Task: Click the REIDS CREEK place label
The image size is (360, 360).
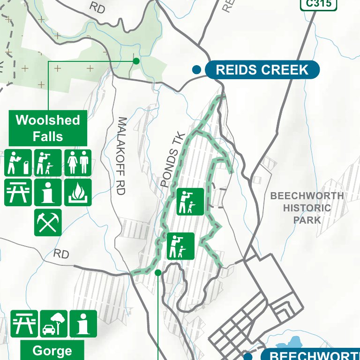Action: pyautogui.click(x=262, y=70)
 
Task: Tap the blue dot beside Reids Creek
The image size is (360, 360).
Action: pyautogui.click(x=197, y=70)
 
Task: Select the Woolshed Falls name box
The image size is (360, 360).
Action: pyautogui.click(x=48, y=128)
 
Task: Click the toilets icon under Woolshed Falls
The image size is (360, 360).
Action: pyautogui.click(x=78, y=163)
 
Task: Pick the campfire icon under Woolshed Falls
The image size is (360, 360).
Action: pyautogui.click(x=78, y=192)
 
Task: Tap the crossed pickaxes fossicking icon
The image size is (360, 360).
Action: pyautogui.click(x=48, y=222)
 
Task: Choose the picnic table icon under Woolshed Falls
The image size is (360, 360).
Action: pyautogui.click(x=18, y=192)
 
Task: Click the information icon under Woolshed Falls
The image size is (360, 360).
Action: pyautogui.click(x=48, y=192)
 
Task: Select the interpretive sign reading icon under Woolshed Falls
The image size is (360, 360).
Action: pyautogui.click(x=18, y=163)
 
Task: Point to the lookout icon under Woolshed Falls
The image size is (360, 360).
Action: pyautogui.click(x=48, y=163)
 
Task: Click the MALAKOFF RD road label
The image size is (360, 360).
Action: pyautogui.click(x=122, y=156)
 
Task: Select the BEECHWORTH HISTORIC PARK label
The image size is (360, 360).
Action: pyautogui.click(x=307, y=208)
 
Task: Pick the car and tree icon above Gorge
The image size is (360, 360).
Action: pyautogui.click(x=54, y=324)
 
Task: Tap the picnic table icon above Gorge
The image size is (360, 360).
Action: pyautogui.click(x=24, y=324)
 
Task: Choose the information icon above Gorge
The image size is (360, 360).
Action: pyautogui.click(x=83, y=324)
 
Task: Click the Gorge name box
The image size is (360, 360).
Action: pyautogui.click(x=52, y=351)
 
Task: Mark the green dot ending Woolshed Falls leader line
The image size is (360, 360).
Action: pyautogui.click(x=136, y=60)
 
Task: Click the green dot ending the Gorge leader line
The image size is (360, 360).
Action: pyautogui.click(x=158, y=272)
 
